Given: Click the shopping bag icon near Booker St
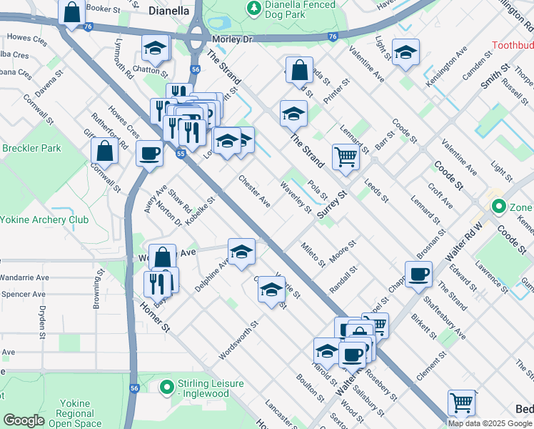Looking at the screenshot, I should (71, 12).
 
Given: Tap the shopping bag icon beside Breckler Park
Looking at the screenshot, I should (105, 150).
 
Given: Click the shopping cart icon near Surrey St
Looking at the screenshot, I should (346, 155).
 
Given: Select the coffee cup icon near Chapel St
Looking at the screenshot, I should (418, 273).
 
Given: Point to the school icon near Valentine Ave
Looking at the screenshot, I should (405, 52).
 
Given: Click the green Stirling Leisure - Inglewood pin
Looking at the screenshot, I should (167, 388).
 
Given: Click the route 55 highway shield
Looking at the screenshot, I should (181, 153).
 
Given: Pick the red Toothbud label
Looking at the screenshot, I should (513, 46).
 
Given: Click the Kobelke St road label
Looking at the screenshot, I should (199, 213).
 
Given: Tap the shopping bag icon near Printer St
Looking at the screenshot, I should (300, 71).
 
